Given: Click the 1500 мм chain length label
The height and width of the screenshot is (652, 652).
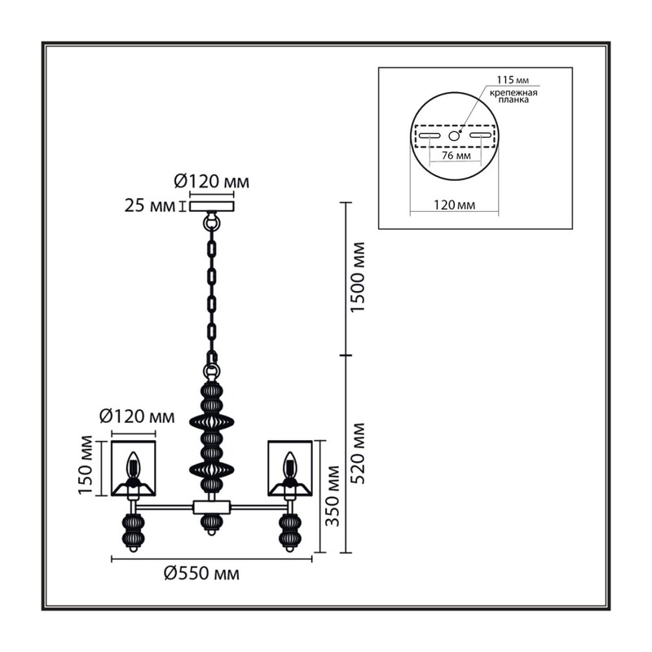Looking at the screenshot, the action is coord(358,277).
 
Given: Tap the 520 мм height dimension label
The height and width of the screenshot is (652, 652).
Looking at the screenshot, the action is coord(358,453).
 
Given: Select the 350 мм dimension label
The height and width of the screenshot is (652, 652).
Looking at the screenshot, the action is coord(333,496).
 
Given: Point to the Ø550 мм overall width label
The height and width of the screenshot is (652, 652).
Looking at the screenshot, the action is coord(201,574).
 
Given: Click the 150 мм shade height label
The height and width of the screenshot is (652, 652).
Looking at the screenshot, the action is coord(86,465).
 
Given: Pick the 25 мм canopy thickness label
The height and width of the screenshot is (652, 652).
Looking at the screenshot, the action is coord(150,206).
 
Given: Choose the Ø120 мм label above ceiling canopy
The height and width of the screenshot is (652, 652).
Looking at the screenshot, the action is coord(212,181).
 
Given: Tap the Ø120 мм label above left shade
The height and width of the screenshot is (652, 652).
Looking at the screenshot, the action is coord(137,416).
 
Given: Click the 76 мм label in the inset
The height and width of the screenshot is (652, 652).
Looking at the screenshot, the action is coord(456,156).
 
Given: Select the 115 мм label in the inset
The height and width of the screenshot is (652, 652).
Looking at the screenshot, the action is coord(513,80).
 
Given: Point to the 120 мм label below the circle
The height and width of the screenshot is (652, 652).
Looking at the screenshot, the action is coord(455,205).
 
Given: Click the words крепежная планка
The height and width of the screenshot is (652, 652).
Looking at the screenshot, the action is coord(513,96).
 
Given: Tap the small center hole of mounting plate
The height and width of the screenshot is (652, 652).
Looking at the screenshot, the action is coord(454,135).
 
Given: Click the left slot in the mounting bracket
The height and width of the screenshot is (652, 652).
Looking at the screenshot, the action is coord(430,135).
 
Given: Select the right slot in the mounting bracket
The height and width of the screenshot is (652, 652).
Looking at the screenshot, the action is coord(481,135).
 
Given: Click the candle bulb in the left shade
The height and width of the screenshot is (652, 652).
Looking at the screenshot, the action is coord(133,465).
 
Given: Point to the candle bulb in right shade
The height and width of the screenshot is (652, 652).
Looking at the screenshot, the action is coord(289,465).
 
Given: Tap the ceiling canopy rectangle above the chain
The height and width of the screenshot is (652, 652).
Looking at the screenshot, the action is coord(212,206).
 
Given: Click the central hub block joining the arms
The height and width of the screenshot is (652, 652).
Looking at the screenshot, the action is coord(212,507).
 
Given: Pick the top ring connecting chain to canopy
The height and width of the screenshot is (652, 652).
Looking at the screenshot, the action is coord(212,223).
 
